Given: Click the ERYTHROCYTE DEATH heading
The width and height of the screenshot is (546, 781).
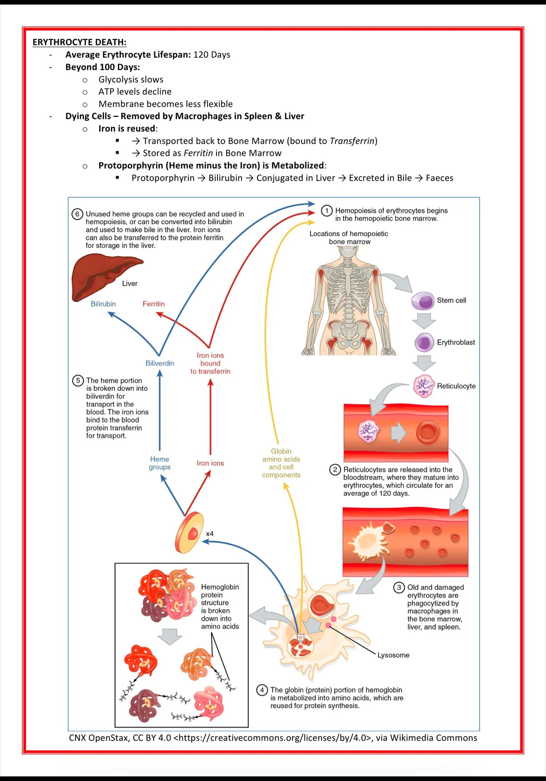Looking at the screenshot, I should point(79,42).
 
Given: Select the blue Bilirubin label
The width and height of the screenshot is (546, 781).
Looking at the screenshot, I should point(103,304).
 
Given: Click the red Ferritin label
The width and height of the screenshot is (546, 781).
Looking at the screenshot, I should point(153,304).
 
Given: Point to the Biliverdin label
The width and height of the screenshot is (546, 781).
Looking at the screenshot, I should point(160,363).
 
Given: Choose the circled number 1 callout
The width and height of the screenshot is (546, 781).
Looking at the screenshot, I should point(327,210).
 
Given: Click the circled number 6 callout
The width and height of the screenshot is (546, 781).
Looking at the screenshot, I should point(77,214).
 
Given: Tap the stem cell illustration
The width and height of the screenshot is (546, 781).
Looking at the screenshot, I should point(423,301).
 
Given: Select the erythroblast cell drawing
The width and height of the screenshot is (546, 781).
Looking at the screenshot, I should point(425,342).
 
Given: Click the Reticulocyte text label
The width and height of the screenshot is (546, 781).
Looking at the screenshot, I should point(456,386).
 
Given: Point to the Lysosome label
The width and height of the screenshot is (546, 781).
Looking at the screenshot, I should point(393,655).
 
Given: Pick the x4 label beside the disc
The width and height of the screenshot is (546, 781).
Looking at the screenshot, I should point(210,534).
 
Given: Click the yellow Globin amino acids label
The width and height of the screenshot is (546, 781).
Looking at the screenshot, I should point(281,463).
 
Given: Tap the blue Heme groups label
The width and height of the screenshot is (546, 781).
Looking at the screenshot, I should point(160,463).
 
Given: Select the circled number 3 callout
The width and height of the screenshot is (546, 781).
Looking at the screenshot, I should point(399,587).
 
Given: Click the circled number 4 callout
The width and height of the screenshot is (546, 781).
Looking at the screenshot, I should point(262,690).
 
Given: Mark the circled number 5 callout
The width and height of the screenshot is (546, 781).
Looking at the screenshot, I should point(78,380).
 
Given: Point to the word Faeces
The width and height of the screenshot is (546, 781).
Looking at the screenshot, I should point(440,178).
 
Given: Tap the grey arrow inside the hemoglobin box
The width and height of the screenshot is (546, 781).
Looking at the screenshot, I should point(170,636).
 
